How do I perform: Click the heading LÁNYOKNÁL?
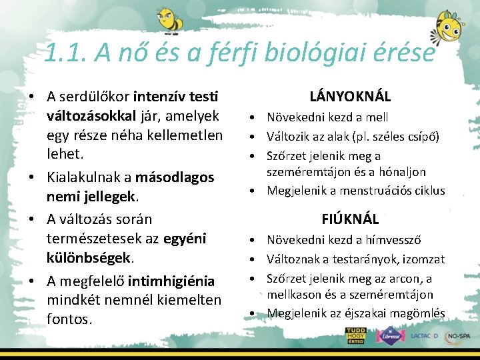pos(350,96)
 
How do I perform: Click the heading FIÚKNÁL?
pos(350,219)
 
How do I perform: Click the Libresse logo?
pos(390,335)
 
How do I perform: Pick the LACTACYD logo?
pos(424,335)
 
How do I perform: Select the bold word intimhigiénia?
pos(173,281)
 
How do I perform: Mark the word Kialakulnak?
pos(88,177)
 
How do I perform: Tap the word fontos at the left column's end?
pos(69,319)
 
